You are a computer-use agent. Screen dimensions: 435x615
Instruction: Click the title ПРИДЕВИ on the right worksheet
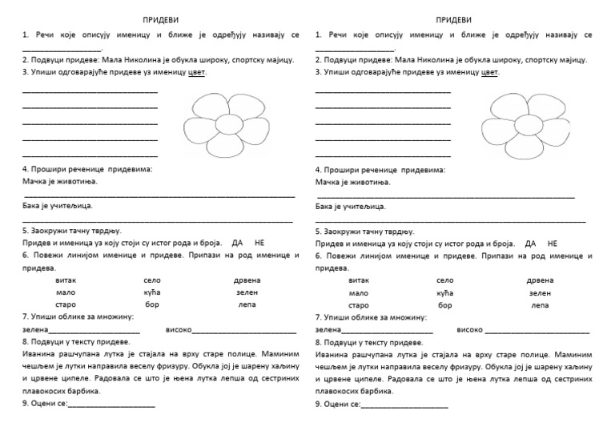[x=453, y=19]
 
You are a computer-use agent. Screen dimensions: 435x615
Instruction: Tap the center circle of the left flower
[x=227, y=126]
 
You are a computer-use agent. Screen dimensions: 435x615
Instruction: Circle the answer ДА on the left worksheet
[x=237, y=243]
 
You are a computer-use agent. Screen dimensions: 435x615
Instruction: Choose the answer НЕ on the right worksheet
[x=553, y=243]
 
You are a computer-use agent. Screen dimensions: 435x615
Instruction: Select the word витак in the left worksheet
[x=66, y=280]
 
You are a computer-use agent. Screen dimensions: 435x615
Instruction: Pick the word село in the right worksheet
[x=445, y=280]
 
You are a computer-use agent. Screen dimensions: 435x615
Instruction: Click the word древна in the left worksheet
[x=247, y=280]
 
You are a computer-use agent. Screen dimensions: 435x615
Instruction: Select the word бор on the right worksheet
[x=445, y=305]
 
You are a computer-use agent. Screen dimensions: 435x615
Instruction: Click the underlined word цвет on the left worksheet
[x=195, y=71]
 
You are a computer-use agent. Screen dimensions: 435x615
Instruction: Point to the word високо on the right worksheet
[x=470, y=330]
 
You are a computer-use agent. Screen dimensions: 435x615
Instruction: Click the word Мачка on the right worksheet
[x=328, y=182]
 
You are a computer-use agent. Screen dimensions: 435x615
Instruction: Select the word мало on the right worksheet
[x=359, y=293]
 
